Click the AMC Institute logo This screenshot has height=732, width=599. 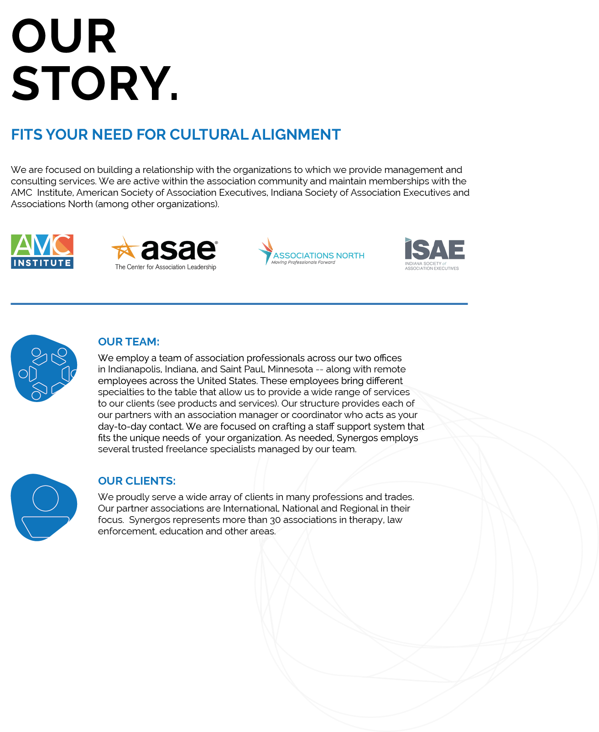pyautogui.click(x=42, y=251)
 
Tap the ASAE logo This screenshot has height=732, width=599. pyautogui.click(x=167, y=251)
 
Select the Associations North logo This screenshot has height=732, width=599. pyautogui.click(x=312, y=251)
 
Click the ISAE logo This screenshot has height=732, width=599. pyautogui.click(x=434, y=253)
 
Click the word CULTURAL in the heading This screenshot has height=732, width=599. pyautogui.click(x=209, y=135)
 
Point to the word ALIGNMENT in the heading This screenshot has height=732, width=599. pyautogui.click(x=296, y=135)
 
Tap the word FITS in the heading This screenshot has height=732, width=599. pyautogui.click(x=26, y=135)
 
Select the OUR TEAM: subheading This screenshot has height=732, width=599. pyautogui.click(x=129, y=342)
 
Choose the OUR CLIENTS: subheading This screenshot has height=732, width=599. pyautogui.click(x=137, y=481)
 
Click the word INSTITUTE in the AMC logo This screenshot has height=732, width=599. pyautogui.click(x=42, y=263)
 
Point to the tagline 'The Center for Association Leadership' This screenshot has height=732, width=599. pyautogui.click(x=166, y=267)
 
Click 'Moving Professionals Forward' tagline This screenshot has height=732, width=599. pyautogui.click(x=303, y=262)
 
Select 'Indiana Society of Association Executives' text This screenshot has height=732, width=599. pyautogui.click(x=432, y=266)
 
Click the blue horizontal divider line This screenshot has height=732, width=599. pyautogui.click(x=239, y=303)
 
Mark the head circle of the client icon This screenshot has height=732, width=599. pyautogui.click(x=46, y=498)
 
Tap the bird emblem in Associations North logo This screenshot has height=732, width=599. pyautogui.click(x=266, y=251)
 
